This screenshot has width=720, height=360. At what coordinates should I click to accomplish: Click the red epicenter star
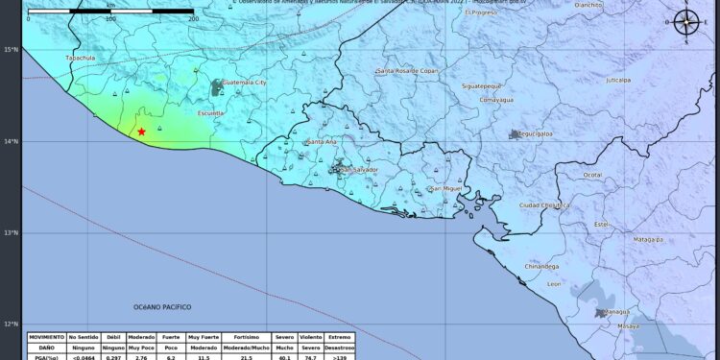141,132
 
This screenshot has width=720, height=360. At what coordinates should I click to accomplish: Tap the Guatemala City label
244,84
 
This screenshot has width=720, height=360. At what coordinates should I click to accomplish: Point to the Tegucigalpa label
539,134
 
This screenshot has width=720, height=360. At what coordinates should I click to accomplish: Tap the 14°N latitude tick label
10,141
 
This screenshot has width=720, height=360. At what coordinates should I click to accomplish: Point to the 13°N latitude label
10,232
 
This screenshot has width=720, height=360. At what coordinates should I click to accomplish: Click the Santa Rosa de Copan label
421,71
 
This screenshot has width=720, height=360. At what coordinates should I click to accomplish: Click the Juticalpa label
618,81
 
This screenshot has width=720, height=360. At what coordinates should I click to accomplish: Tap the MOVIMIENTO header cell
47,338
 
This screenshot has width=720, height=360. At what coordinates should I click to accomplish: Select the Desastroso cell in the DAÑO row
339,348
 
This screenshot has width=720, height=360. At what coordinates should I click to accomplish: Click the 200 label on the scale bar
193,18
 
